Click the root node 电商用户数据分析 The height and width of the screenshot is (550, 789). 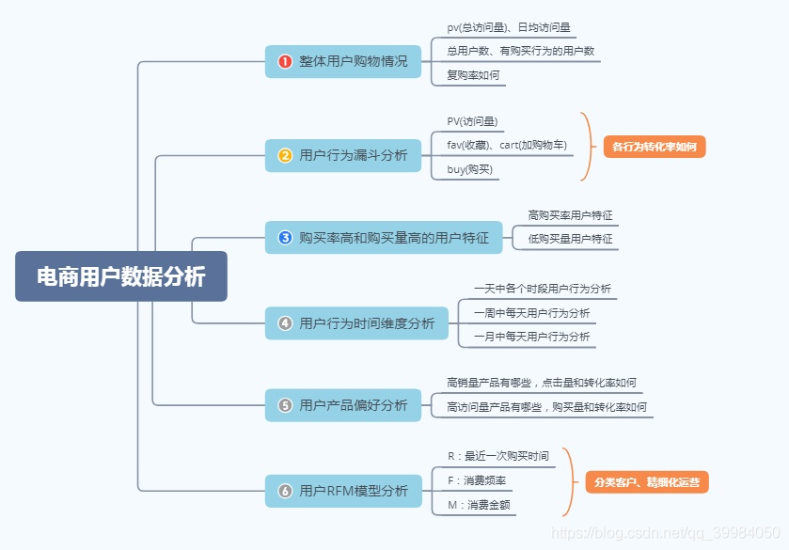[x=120, y=276]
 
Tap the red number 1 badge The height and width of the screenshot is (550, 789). [x=285, y=61]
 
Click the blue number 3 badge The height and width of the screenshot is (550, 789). [x=285, y=238]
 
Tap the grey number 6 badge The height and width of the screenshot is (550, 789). [x=285, y=491]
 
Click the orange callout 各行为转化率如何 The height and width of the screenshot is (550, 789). [x=655, y=147]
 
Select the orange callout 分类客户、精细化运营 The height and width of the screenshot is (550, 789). [x=646, y=482]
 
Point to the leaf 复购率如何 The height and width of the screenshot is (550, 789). [x=473, y=75]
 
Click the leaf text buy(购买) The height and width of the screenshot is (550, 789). [x=469, y=170]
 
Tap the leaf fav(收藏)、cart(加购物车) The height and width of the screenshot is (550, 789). [x=506, y=145]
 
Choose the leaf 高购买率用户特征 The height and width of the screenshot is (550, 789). [x=570, y=215]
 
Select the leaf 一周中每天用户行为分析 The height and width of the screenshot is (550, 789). [x=531, y=312]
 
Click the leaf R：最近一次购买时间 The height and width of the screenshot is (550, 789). [x=497, y=456]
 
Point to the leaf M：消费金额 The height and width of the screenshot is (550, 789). [x=479, y=505]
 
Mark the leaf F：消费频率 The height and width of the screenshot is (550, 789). [x=477, y=480]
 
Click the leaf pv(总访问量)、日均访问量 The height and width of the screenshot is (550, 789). [x=509, y=28]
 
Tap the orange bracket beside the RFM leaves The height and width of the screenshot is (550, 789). [x=568, y=481]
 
